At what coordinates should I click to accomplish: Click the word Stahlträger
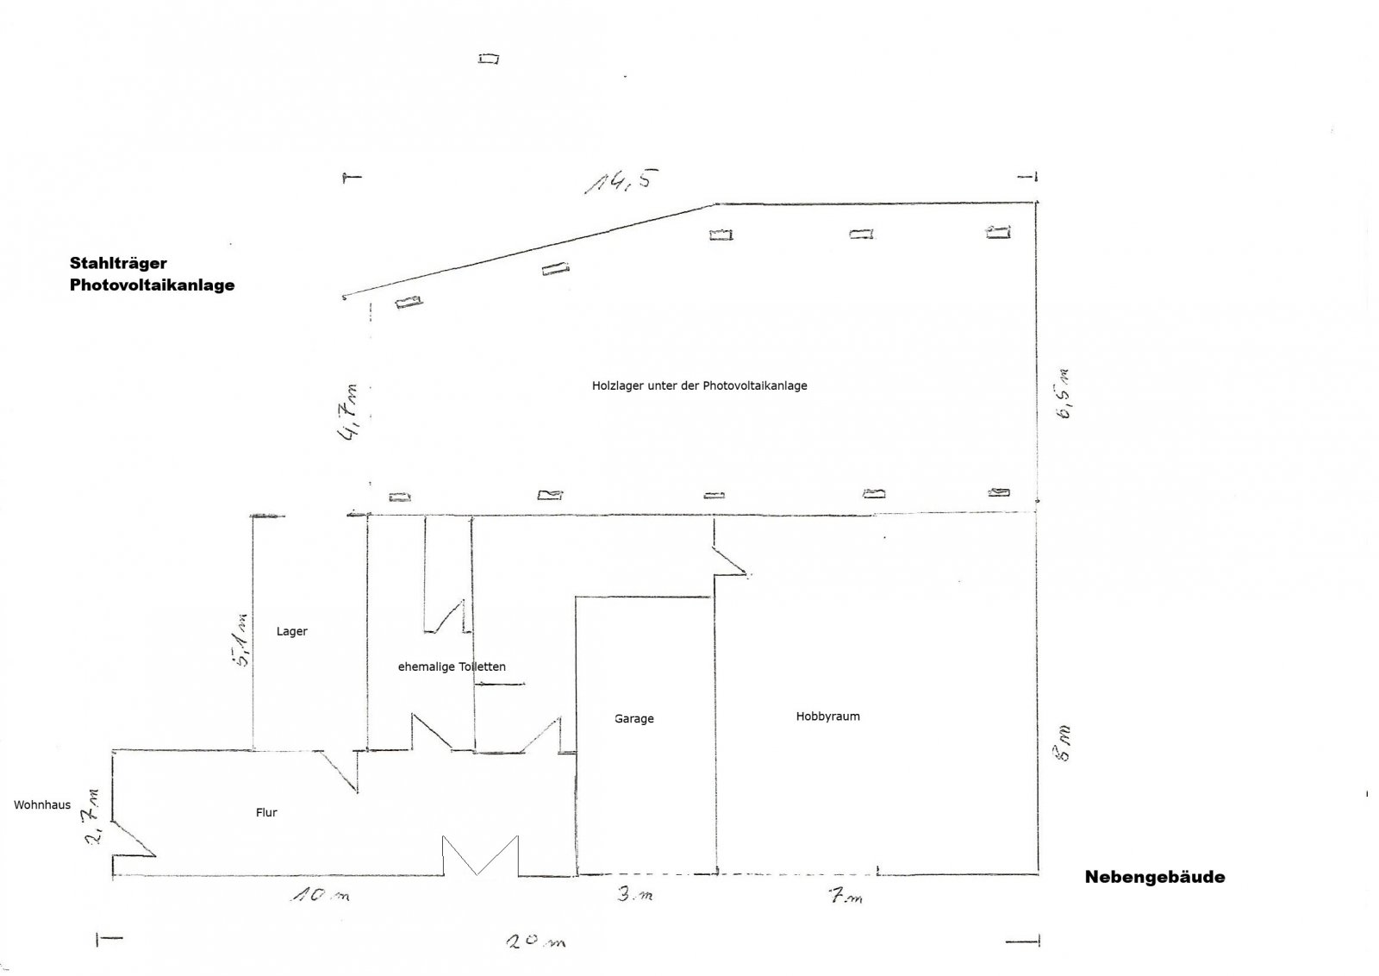coord(118,264)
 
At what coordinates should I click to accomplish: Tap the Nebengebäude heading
coord(1155,877)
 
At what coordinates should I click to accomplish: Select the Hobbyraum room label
coord(828,716)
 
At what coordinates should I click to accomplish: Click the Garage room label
coord(634,718)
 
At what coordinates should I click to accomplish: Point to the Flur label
coord(266,812)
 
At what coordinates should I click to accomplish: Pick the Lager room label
coord(292,631)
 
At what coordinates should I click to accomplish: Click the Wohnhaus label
coord(42,804)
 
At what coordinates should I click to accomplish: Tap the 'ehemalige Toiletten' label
coord(452,666)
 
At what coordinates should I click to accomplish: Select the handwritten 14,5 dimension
coord(621,181)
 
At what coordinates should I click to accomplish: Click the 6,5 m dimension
coord(1064,395)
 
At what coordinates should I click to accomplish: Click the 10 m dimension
coord(320,895)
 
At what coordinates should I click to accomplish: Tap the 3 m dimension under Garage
coord(635,894)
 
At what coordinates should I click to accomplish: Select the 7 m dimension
coord(845,896)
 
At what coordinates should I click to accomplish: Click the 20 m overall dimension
coord(535,942)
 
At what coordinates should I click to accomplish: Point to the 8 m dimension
coord(1063,744)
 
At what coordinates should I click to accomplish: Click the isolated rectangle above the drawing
coord(489,59)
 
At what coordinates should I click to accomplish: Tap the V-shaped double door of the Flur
coord(480,855)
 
